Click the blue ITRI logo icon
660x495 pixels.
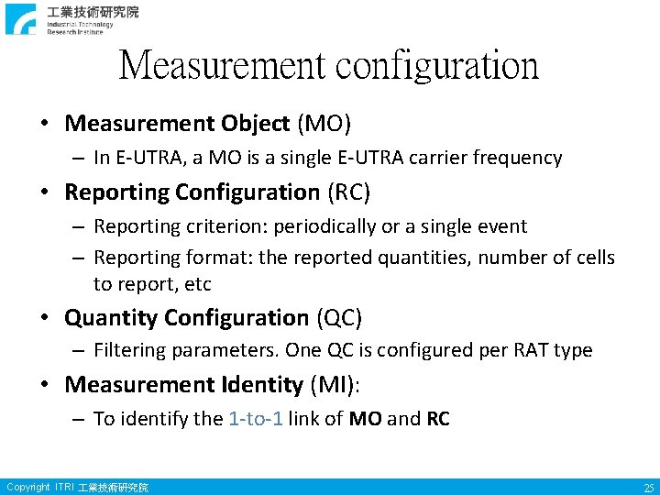21,18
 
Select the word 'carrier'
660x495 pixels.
433,158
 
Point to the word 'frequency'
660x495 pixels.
517,158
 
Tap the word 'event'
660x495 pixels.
502,226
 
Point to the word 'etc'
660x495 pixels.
198,284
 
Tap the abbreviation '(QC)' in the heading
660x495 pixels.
339,318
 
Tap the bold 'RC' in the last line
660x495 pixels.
438,419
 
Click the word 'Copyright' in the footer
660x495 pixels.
27,487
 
